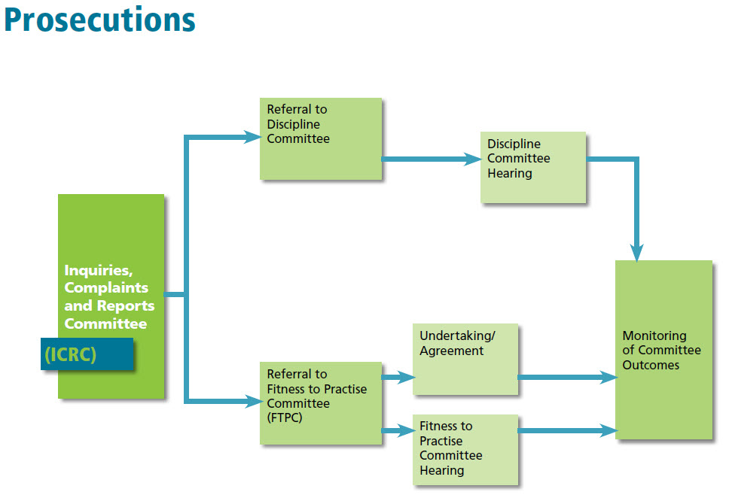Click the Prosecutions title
100,21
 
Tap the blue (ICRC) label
87,354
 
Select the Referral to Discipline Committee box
321,139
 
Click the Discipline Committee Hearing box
532,167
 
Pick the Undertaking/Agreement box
465,359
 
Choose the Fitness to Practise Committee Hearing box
465,450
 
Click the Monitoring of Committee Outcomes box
663,350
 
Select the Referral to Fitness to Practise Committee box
321,403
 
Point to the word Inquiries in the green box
98,270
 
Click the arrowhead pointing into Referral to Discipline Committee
252,137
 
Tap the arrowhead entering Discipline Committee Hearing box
473,159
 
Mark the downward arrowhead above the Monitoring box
636,253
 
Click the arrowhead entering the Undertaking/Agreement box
407,377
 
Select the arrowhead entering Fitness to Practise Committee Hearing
407,430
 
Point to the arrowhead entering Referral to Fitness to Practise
253,401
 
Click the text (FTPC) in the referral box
285,418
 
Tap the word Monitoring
654,336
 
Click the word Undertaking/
457,336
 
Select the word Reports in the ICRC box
125,306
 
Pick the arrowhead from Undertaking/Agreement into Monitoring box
609,377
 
